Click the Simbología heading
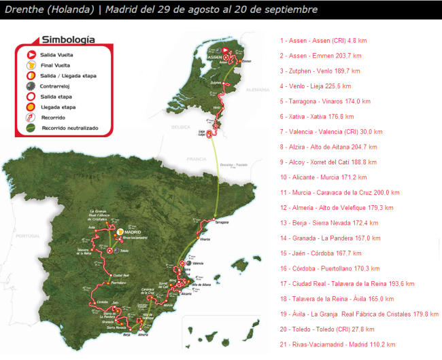coord(67,39)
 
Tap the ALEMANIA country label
coord(258,89)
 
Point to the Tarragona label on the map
coord(222,223)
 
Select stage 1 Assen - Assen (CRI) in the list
coord(318,40)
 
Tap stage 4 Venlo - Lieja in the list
coord(315,86)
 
